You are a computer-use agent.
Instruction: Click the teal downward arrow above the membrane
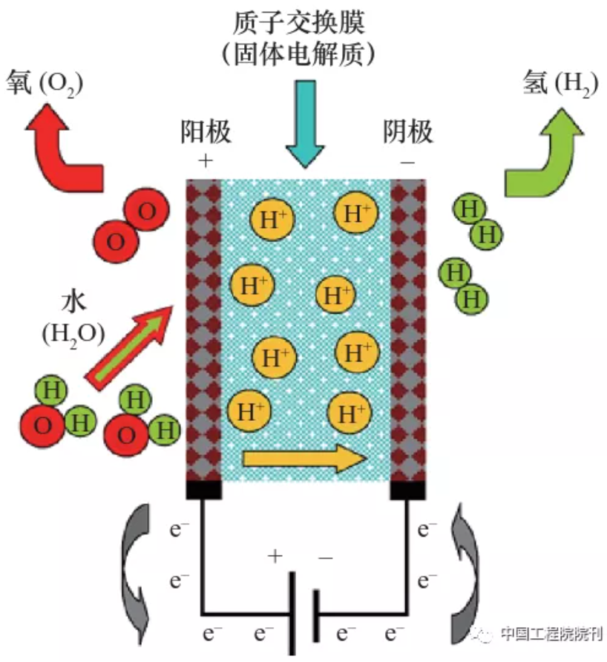pyautogui.click(x=304, y=122)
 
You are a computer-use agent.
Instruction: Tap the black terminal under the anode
pyautogui.click(x=203, y=489)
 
